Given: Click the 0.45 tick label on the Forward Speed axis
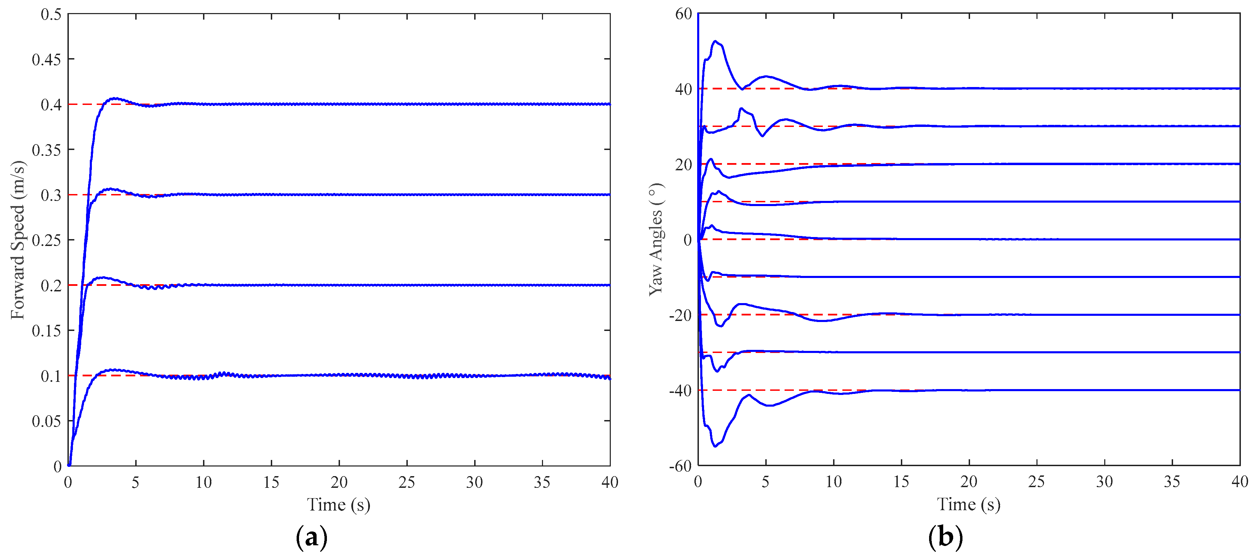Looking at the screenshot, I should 46,60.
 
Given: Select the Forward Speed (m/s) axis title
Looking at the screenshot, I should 18,240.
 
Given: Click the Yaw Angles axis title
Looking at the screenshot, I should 656,239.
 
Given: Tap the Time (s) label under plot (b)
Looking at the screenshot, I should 968,504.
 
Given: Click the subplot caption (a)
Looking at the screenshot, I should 311,538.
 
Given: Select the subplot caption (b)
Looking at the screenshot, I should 945,538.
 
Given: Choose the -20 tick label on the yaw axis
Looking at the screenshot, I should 680,316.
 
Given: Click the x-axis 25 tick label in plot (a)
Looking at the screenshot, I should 407,482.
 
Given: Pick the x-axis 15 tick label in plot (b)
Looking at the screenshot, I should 901,482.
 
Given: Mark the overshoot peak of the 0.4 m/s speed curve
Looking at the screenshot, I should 115,98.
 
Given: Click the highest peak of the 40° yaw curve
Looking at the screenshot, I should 715,41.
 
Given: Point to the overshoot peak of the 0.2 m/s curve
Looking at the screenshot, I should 103,277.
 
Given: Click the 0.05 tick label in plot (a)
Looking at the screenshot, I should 46,421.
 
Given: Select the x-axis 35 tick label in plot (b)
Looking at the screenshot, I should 1172,482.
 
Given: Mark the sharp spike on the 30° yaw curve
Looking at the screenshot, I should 741,109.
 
